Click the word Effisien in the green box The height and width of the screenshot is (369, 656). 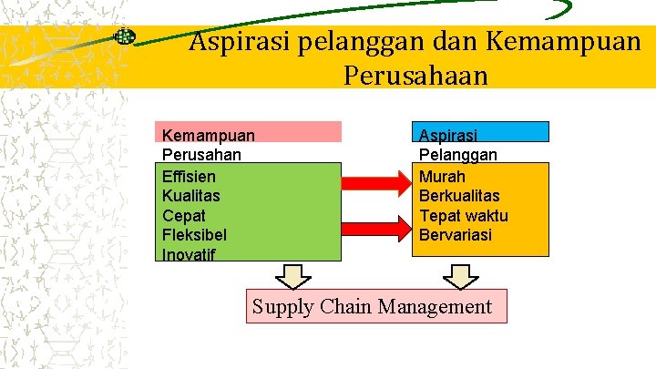189,176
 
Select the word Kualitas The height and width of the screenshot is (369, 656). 190,196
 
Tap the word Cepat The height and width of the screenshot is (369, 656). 183,216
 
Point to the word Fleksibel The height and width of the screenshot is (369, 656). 194,235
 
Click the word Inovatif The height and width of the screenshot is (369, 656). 189,254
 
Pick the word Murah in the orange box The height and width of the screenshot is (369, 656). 442,176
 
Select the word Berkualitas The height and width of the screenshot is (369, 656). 459,196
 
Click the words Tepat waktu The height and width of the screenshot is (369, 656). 463,216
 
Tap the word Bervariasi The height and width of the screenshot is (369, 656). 455,235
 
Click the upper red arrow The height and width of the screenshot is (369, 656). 376,184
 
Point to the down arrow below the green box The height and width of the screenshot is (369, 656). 293,276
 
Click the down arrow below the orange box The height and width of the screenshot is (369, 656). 461,276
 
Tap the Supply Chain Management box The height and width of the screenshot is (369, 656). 376,306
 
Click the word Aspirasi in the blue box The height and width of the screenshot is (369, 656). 447,135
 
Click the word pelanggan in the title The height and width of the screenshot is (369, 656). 349,42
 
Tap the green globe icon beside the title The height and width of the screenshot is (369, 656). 125,37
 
